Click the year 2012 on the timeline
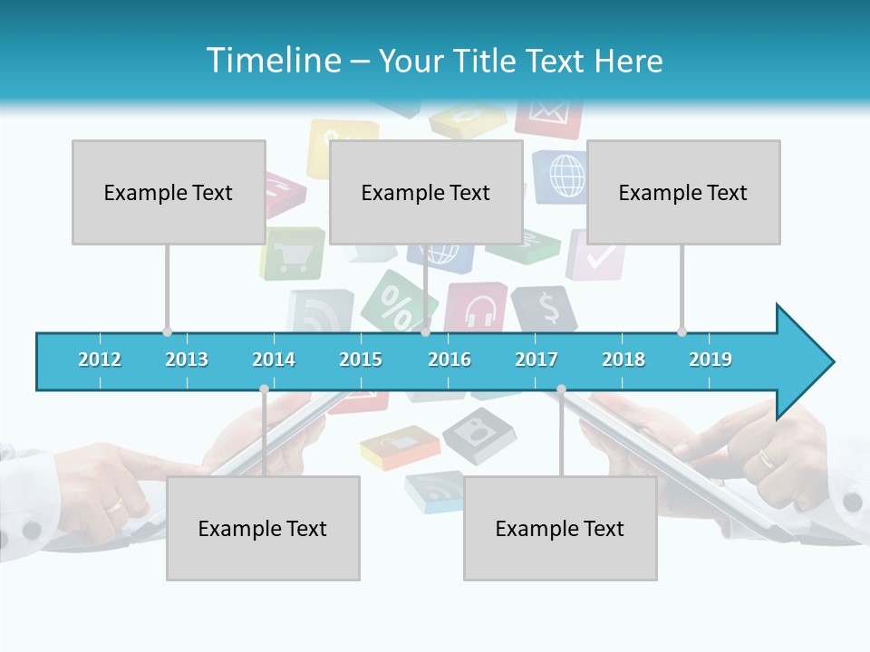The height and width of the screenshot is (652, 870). click(x=100, y=360)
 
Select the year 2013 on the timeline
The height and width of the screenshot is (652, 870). click(x=187, y=360)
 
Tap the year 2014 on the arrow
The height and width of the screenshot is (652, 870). click(x=274, y=360)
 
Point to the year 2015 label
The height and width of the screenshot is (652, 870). click(x=361, y=360)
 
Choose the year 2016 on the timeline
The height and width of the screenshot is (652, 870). click(x=449, y=360)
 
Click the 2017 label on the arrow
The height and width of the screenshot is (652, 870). click(x=536, y=360)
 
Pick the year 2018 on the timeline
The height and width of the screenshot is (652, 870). click(x=623, y=360)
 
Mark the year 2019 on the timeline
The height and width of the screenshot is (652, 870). click(x=710, y=360)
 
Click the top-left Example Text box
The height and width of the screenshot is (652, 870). click(x=169, y=192)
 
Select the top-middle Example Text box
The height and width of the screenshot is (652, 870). click(x=426, y=192)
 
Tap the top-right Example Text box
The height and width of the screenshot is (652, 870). click(x=683, y=192)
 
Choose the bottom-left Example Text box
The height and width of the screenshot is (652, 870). click(x=263, y=528)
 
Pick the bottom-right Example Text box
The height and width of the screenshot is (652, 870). click(x=560, y=528)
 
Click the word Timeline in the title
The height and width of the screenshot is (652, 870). click(x=273, y=61)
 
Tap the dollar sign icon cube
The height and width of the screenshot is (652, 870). click(x=546, y=309)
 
